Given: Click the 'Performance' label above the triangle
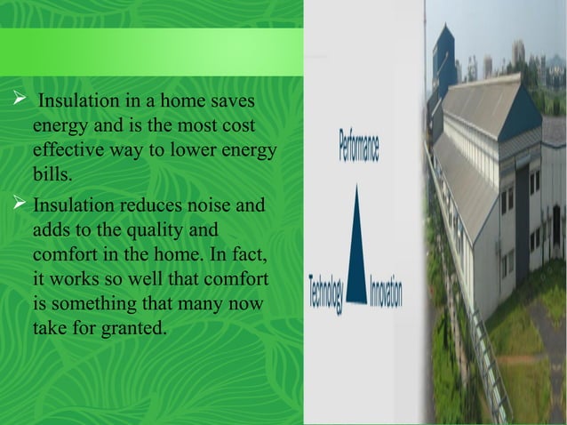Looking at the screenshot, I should point(359,146).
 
